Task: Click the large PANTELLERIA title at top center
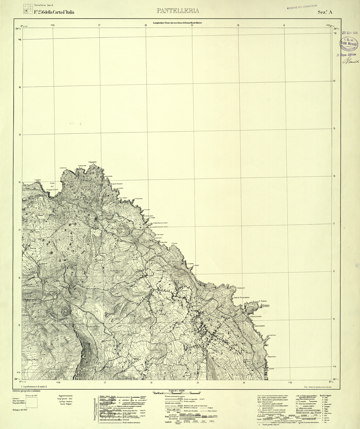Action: pyautogui.click(x=178, y=11)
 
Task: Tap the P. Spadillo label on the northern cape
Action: pyautogui.click(x=92, y=162)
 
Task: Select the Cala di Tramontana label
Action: pyautogui.click(x=241, y=298)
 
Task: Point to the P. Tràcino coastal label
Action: pyautogui.click(x=263, y=301)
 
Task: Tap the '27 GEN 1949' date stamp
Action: pyautogui.click(x=350, y=33)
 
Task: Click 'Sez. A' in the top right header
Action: pyautogui.click(x=325, y=12)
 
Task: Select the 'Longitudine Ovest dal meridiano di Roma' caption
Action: pyautogui.click(x=177, y=23)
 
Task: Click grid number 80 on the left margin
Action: pyautogui.click(x=20, y=87)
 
